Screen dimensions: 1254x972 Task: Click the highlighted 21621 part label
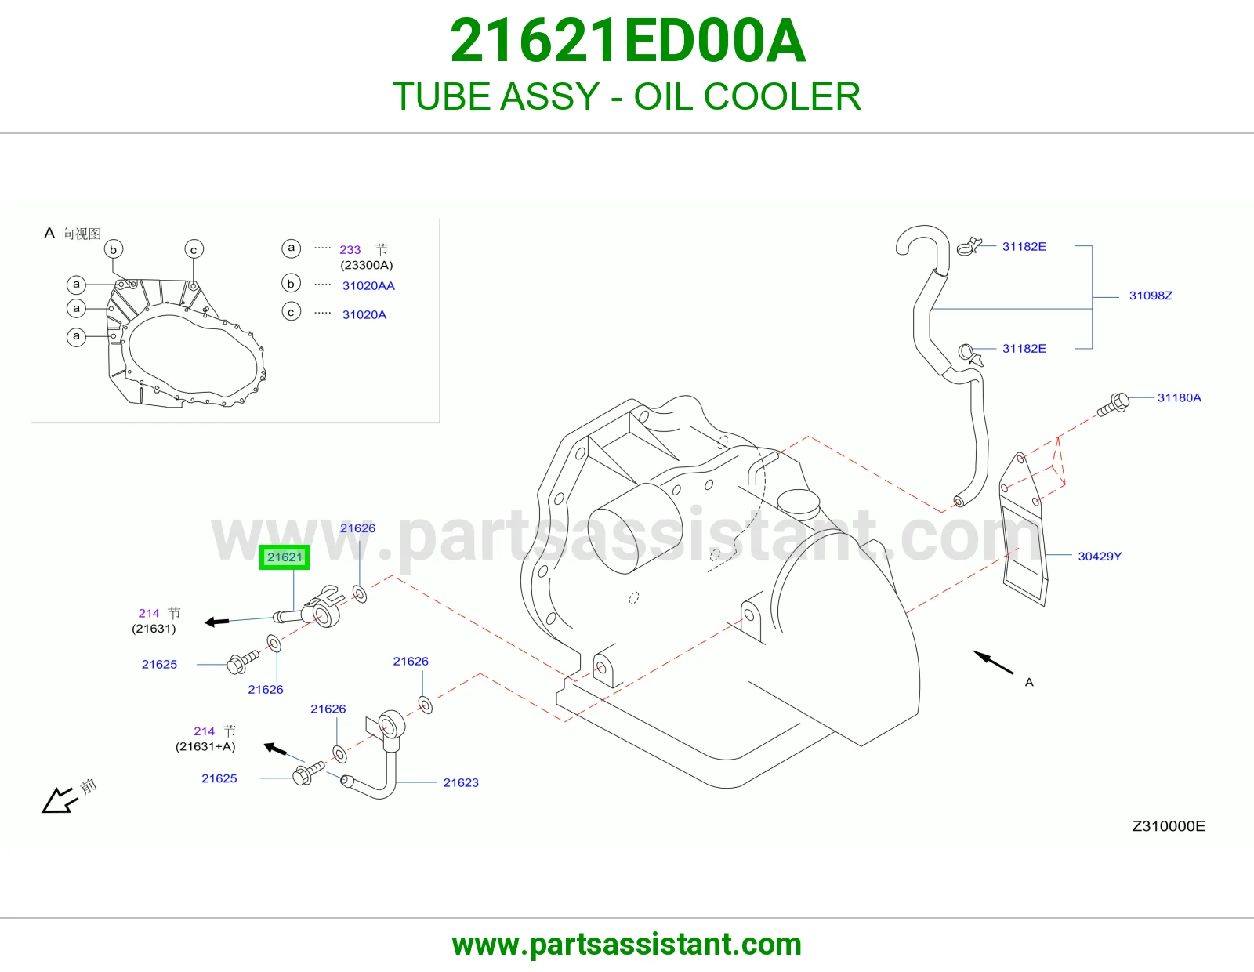(x=285, y=557)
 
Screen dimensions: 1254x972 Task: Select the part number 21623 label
(x=461, y=782)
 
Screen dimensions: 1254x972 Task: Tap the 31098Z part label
(x=1150, y=296)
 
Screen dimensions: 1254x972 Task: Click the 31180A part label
(x=1179, y=397)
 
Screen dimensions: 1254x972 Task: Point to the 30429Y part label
(x=1100, y=557)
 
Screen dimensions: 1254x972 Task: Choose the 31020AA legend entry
(x=368, y=285)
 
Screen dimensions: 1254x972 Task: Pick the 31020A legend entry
(x=364, y=314)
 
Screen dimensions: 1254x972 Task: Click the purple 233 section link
(x=350, y=249)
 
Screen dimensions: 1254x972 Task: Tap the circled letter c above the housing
(x=194, y=249)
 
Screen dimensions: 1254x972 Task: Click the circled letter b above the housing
(x=113, y=249)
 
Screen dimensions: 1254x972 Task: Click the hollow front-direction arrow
(x=58, y=800)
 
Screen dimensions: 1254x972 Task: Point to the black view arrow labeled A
(x=992, y=662)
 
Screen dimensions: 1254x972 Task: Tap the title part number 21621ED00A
(x=627, y=41)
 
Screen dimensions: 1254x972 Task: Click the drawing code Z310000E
(x=1168, y=826)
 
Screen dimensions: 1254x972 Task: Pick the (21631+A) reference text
(x=205, y=746)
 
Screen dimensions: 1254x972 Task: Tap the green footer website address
(x=627, y=945)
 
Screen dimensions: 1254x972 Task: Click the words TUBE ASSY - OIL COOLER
(x=627, y=96)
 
